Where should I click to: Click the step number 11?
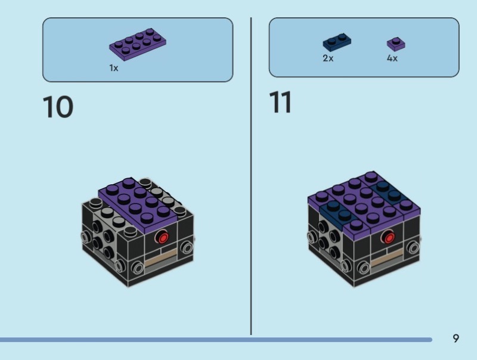pos(280,103)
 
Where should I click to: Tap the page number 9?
pos(456,339)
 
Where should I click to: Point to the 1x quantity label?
pos(113,68)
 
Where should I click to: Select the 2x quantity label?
pos(328,59)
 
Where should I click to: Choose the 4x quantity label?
pos(392,59)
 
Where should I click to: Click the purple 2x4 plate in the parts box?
pos(137,45)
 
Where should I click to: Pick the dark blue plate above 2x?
pos(336,42)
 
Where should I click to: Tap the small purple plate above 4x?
pos(394,43)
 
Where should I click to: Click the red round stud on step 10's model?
pos(161,238)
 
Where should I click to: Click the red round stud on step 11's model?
pos(388,237)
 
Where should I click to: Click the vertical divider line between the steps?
pos(251,179)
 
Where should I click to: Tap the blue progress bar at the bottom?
pos(215,340)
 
